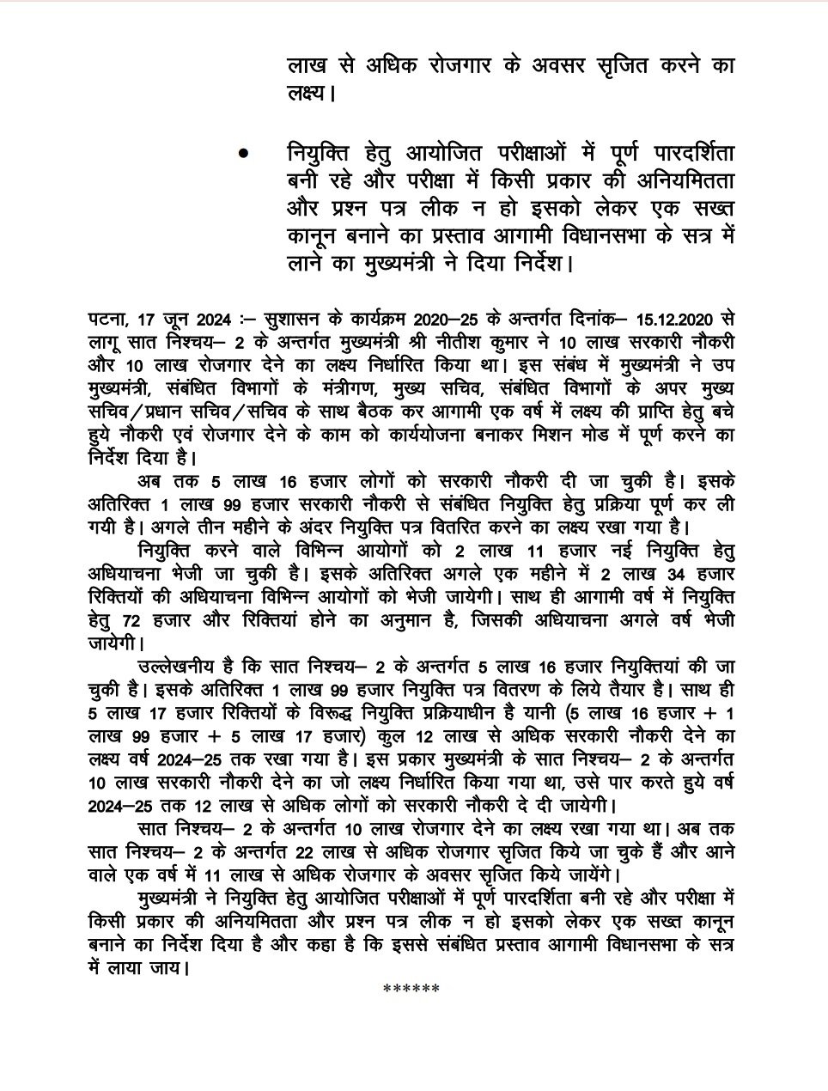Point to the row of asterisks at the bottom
(411, 988)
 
